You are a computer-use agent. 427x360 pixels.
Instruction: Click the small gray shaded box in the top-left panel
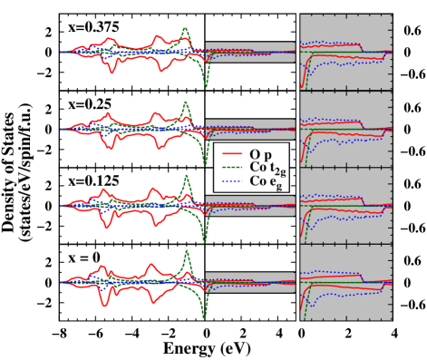click(x=250, y=52)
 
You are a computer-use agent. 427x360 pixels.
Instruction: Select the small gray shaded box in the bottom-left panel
click(x=250, y=282)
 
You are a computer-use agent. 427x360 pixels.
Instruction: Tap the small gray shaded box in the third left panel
click(x=250, y=205)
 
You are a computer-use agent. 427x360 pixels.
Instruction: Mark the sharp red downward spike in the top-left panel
click(x=111, y=70)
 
